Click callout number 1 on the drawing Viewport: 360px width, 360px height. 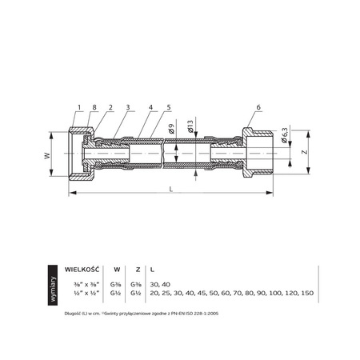click(x=80, y=107)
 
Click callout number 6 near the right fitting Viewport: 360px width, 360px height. click(x=258, y=107)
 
